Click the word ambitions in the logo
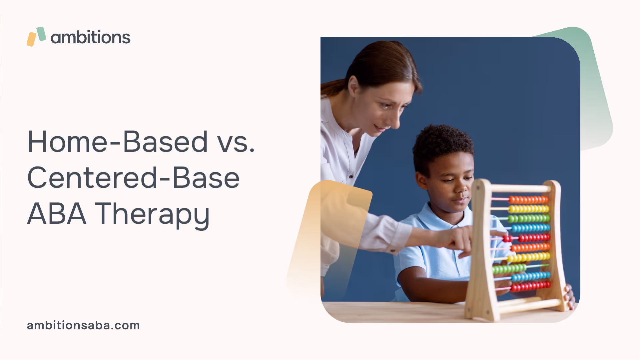point(90,37)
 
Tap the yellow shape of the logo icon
point(31,39)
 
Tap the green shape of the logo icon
point(41,34)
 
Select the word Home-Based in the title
point(118,142)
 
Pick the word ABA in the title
point(57,213)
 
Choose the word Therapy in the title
point(153,215)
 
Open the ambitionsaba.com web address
point(83,325)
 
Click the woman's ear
point(353,86)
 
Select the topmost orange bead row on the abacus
point(528,200)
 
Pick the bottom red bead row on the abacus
point(530,286)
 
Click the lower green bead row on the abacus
point(509,268)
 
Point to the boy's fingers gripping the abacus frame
point(570,296)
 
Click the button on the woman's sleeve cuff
point(392,250)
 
